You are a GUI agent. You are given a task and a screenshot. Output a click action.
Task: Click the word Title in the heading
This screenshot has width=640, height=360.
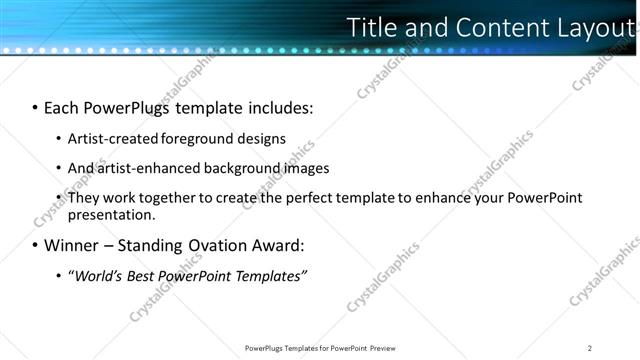(x=371, y=28)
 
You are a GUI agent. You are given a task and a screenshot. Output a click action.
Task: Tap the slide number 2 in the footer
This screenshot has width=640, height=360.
(x=589, y=348)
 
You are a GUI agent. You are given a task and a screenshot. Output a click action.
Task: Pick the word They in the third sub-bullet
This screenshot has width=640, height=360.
(x=83, y=198)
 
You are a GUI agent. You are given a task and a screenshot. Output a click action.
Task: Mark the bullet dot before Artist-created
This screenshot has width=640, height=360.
(x=58, y=140)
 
